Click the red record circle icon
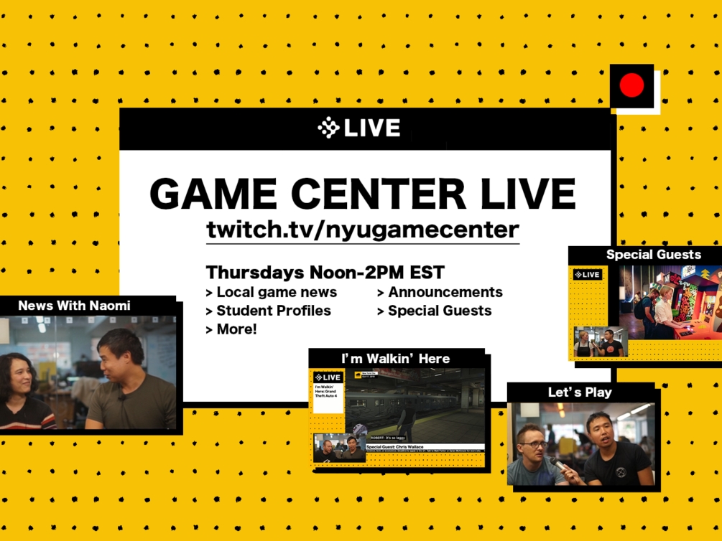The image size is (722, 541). point(632,86)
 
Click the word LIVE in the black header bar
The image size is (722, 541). point(371,128)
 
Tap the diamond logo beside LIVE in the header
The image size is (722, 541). point(328,128)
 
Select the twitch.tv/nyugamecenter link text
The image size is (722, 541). point(362,230)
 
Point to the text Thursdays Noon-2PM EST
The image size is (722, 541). point(325,273)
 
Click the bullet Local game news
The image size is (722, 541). point(272,292)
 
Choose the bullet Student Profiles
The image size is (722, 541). point(269,311)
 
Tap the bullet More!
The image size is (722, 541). point(231,329)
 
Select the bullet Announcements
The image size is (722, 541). point(440,292)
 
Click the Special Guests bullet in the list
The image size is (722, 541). point(435,311)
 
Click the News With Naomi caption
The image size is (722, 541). point(74,306)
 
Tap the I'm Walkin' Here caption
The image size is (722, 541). point(395,358)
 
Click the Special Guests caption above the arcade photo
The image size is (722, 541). point(653,255)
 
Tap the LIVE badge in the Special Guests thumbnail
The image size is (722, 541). point(588,275)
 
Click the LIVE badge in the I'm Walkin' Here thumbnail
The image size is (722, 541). point(328,377)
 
